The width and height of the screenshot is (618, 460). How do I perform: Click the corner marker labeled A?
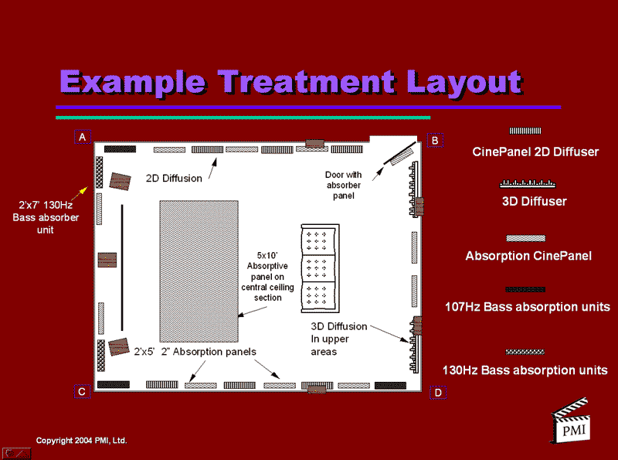(83, 137)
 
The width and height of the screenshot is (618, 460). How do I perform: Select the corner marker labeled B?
(435, 141)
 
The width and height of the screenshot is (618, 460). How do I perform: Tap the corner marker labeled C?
(82, 392)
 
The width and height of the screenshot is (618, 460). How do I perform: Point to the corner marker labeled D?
(438, 393)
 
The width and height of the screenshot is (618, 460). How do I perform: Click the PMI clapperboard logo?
(570, 421)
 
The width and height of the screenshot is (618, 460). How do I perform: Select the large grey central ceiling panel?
(199, 271)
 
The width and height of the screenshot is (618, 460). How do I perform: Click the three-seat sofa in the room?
(320, 268)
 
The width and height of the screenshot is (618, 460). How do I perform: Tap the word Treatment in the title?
(306, 82)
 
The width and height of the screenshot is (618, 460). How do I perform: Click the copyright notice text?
(82, 440)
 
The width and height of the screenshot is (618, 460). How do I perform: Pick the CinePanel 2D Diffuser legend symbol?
(525, 131)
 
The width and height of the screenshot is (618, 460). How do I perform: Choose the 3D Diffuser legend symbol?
(528, 183)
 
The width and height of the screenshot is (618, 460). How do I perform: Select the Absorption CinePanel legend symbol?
(526, 238)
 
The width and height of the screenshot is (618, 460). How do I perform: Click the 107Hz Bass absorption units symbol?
(525, 290)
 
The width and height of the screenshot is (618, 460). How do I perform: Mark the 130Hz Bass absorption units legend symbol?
(525, 352)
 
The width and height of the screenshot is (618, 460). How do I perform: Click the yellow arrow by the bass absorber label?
(80, 193)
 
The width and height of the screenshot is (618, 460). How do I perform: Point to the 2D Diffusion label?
(174, 179)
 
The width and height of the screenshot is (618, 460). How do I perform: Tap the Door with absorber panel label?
(343, 185)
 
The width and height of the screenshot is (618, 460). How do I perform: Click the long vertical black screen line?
(122, 267)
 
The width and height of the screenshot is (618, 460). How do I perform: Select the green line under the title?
(243, 118)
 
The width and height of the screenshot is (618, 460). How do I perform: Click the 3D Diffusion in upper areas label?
(339, 339)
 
